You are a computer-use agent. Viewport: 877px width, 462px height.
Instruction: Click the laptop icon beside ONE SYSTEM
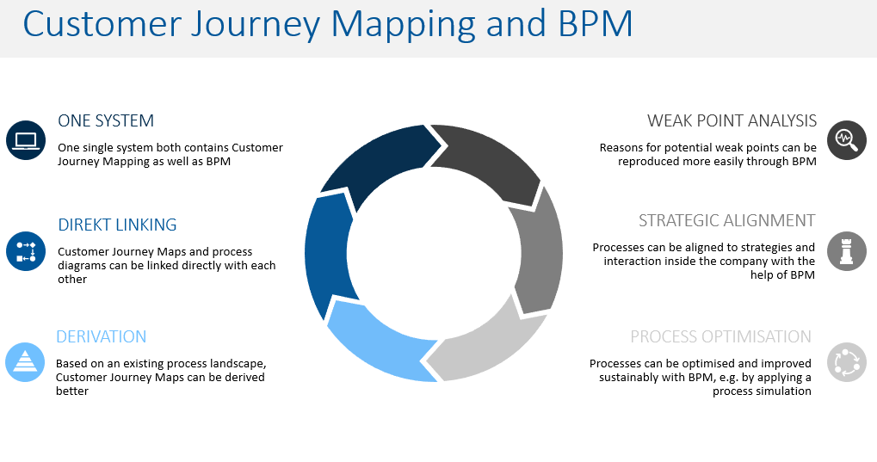pyautogui.click(x=25, y=140)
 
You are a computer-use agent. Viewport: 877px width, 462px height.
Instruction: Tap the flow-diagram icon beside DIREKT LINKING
pyautogui.click(x=25, y=250)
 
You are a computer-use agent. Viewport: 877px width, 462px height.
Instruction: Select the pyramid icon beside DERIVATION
pyautogui.click(x=25, y=361)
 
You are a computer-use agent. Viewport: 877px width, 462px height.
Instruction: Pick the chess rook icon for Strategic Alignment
pyautogui.click(x=846, y=251)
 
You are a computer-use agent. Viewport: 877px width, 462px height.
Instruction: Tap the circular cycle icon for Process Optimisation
pyautogui.click(x=846, y=361)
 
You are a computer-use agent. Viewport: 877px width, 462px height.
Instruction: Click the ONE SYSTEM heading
pyautogui.click(x=106, y=121)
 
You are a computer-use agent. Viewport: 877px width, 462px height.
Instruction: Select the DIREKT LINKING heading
pyautogui.click(x=117, y=225)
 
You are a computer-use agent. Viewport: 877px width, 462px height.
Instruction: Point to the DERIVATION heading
pyautogui.click(x=101, y=336)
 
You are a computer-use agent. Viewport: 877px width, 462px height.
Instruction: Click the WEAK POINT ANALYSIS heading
pyautogui.click(x=732, y=121)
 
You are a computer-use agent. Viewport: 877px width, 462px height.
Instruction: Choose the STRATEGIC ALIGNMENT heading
pyautogui.click(x=726, y=220)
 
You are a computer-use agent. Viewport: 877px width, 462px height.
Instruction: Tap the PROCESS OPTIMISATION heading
pyautogui.click(x=720, y=336)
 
